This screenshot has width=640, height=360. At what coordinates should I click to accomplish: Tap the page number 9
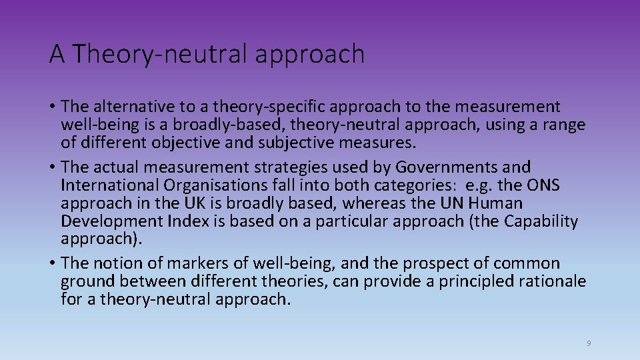pyautogui.click(x=589, y=343)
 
